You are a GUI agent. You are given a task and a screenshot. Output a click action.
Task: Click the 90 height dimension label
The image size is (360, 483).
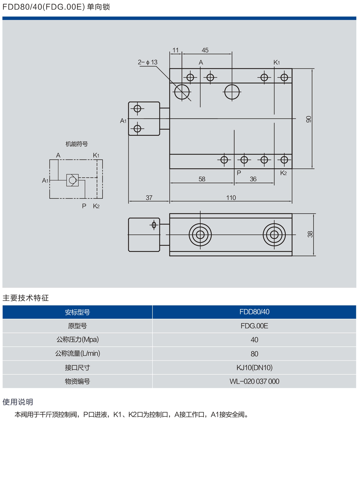pos(308,119)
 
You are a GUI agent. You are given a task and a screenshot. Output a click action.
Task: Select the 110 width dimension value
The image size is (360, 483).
pos(231,198)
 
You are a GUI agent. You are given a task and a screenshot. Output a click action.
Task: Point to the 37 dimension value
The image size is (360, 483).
pos(149,198)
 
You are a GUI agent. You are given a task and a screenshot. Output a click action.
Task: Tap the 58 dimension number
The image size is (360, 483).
pos(202,179)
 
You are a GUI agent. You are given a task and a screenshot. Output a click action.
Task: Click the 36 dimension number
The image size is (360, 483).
pos(253,179)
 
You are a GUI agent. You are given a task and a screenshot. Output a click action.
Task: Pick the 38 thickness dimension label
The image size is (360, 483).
pos(310,234)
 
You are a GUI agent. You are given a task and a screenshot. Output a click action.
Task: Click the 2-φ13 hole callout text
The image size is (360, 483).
pos(148,62)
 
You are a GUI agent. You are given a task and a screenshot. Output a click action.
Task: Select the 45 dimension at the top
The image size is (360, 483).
pos(205,50)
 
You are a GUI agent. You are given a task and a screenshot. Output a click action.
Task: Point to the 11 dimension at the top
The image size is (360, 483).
pos(175,50)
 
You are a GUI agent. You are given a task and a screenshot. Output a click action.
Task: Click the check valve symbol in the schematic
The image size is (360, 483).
pos(72,180)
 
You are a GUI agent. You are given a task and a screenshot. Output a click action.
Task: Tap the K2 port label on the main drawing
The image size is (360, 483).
pos(283,173)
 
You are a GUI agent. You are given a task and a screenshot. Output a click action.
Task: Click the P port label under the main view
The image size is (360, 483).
pos(239,173)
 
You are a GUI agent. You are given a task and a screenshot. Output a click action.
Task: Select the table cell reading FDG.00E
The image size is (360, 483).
pos(254,326)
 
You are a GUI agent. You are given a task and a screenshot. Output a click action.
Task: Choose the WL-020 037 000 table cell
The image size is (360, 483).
pos(254,381)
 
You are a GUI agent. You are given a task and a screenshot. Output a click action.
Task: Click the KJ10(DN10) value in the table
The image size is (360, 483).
pos(254,368)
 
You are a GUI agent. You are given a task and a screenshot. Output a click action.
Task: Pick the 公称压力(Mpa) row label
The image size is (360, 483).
pos(77,340)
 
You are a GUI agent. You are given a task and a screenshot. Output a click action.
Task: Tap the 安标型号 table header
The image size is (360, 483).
pos(77,312)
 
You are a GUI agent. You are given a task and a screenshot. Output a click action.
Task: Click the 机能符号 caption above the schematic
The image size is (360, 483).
pos(76,144)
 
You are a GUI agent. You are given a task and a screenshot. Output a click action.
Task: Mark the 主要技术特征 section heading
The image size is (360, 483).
pos(26,298)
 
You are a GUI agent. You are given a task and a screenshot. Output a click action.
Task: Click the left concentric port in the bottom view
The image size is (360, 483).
pos(200,235)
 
